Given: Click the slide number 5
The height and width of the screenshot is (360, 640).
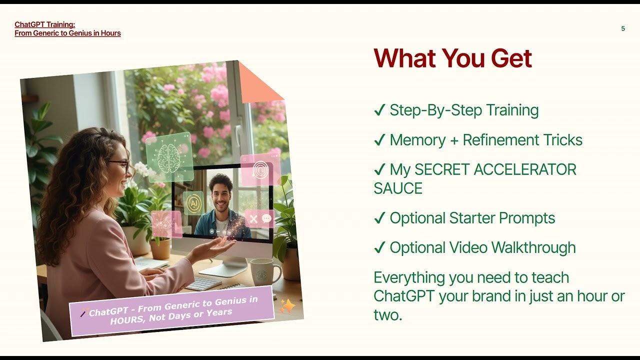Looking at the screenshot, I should pos(623,28).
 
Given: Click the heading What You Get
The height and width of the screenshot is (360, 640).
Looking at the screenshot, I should pos(452,58).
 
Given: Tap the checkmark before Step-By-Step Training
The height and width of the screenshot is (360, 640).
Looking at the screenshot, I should pos(379,110).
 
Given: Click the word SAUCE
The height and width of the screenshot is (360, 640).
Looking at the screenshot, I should pos(398,188).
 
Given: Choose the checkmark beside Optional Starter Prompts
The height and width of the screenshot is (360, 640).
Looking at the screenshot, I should pos(379,218).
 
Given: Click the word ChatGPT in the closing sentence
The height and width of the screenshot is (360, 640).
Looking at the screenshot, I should pos(404,295).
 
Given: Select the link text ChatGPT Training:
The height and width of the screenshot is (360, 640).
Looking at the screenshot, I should pos(45,24).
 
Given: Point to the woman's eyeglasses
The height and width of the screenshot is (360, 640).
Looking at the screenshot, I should pos(119,164).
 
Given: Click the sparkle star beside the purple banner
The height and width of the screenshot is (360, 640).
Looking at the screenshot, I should pos(287,305).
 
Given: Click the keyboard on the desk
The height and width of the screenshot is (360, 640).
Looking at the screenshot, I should pos(203,283).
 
